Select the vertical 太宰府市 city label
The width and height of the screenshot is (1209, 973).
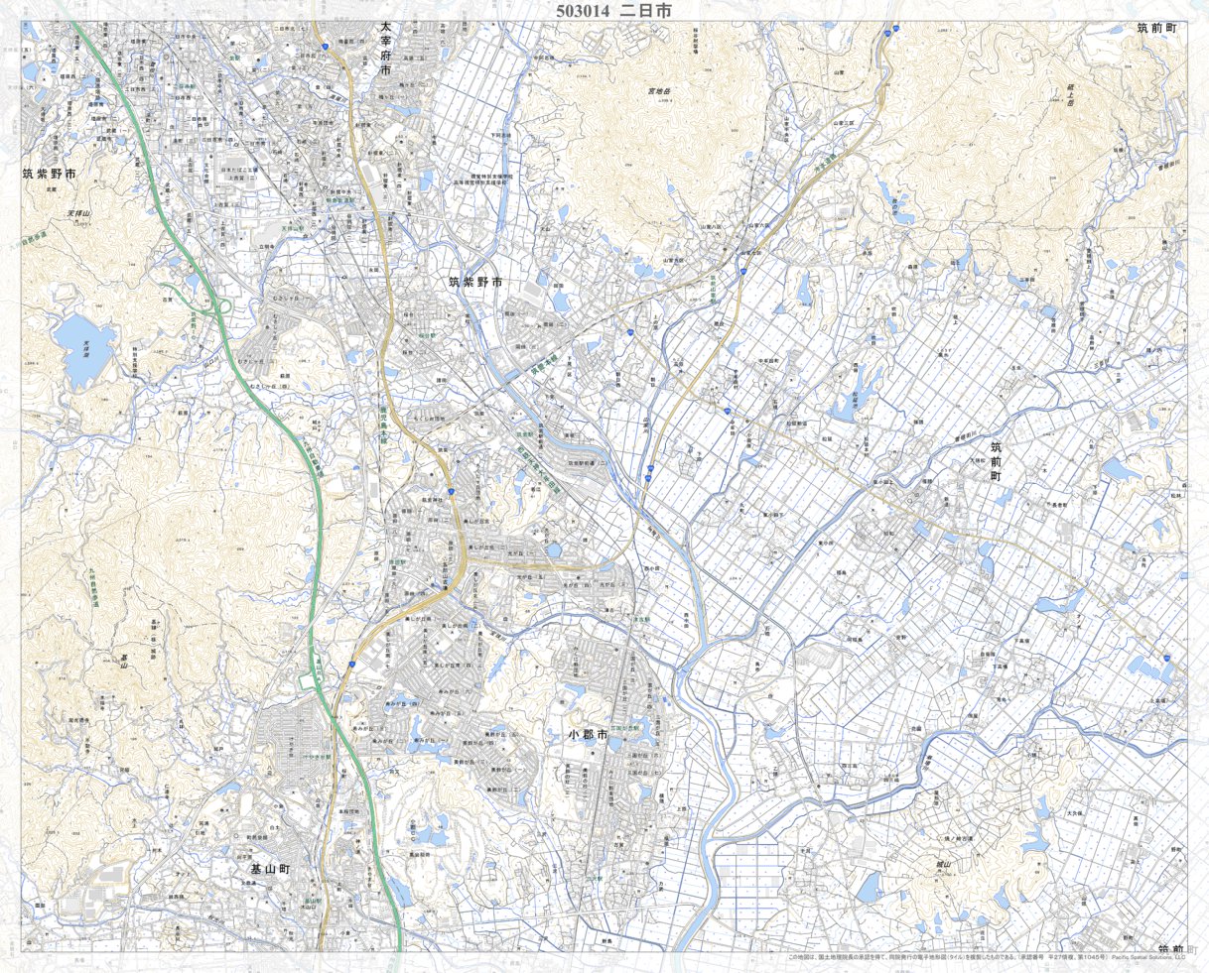(386, 61)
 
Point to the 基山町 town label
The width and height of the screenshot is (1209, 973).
(269, 868)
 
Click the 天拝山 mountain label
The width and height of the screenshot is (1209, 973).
(78, 214)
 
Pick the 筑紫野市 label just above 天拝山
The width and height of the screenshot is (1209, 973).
(50, 175)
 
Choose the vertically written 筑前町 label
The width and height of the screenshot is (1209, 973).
(996, 461)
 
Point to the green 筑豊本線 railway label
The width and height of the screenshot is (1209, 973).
(526, 373)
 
